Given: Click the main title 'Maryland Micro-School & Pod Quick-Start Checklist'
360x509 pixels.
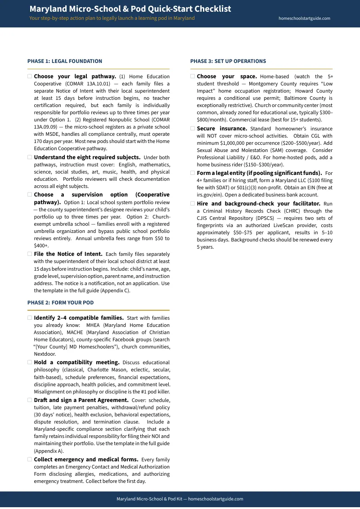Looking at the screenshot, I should tap(130, 9).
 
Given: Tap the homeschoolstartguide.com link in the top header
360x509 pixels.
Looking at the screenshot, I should tap(304, 18).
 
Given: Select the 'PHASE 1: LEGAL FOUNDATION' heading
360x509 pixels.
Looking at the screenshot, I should tap(64, 61).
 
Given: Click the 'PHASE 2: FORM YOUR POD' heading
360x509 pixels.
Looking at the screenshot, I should tap(60, 303).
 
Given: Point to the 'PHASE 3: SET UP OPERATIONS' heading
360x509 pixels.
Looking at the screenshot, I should tap(228, 61).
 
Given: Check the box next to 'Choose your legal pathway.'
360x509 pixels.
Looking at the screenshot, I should tap(30, 76).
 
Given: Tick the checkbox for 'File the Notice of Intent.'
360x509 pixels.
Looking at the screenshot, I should tap(30, 254).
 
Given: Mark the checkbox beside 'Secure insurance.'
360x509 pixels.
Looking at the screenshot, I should tap(193, 129).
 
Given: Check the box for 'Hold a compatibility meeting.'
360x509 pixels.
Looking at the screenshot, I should tap(30, 362).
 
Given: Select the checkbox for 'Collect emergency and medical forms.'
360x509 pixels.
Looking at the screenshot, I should tap(30, 460).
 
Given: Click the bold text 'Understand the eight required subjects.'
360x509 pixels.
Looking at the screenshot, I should tap(87, 157).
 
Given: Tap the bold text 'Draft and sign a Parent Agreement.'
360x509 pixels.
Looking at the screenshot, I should tap(81, 400).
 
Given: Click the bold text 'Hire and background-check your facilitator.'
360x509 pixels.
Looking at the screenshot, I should tap(258, 204).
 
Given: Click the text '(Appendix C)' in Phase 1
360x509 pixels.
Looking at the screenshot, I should tap(115, 290).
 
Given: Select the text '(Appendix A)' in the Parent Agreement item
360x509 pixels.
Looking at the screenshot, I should tap(49, 451).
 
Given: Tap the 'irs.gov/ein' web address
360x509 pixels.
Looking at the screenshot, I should tap(209, 195).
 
